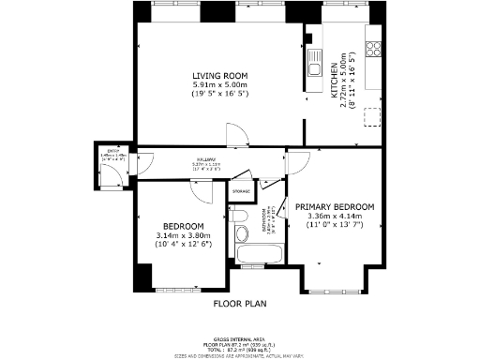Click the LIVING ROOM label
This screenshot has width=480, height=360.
pyautogui.click(x=219, y=75)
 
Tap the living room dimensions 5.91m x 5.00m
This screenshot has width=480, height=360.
pyautogui.click(x=219, y=84)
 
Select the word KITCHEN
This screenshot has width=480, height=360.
pyautogui.click(x=334, y=81)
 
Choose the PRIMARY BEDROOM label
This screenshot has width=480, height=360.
pyautogui.click(x=335, y=206)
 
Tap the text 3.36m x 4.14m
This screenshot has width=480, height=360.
pyautogui.click(x=335, y=216)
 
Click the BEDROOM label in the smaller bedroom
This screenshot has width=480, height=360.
pyautogui.click(x=183, y=226)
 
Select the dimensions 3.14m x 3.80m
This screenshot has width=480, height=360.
pyautogui.click(x=183, y=235)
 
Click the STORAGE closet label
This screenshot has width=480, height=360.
pyautogui.click(x=242, y=191)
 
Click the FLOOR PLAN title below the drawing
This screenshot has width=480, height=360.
pyautogui.click(x=240, y=304)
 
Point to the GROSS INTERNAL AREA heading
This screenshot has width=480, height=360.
pyautogui.click(x=240, y=337)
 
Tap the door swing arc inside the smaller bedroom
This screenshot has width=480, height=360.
pyautogui.click(x=202, y=187)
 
